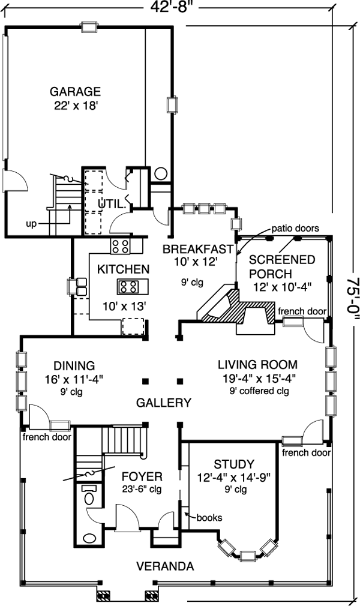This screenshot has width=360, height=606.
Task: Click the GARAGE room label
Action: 75,92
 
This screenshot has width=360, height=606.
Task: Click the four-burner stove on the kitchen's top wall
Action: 120,245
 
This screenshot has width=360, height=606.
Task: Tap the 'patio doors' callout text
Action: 295,229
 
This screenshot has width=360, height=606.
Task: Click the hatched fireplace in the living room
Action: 240,310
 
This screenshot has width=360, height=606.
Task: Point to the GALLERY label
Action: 163,403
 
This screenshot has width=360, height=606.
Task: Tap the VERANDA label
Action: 164,566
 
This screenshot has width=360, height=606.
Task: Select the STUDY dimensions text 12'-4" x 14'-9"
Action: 233,478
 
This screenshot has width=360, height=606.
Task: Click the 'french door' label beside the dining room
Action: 47,437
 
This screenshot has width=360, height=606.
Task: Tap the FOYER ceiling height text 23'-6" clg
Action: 142,490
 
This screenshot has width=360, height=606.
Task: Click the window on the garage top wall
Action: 89,27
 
